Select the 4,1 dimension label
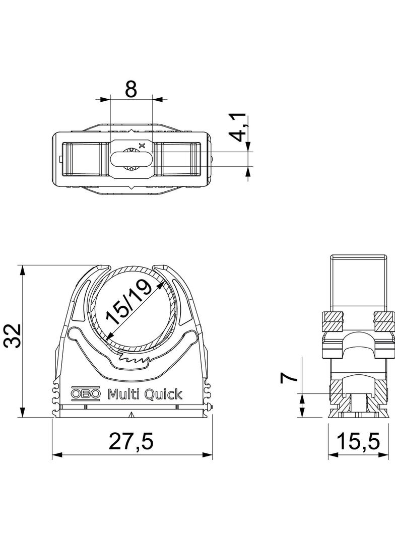[x=239, y=127]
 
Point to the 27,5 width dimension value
[x=132, y=441]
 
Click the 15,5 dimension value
[x=359, y=441]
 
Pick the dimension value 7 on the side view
[x=289, y=378]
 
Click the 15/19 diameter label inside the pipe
[x=128, y=302]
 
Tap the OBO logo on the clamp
[x=86, y=394]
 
